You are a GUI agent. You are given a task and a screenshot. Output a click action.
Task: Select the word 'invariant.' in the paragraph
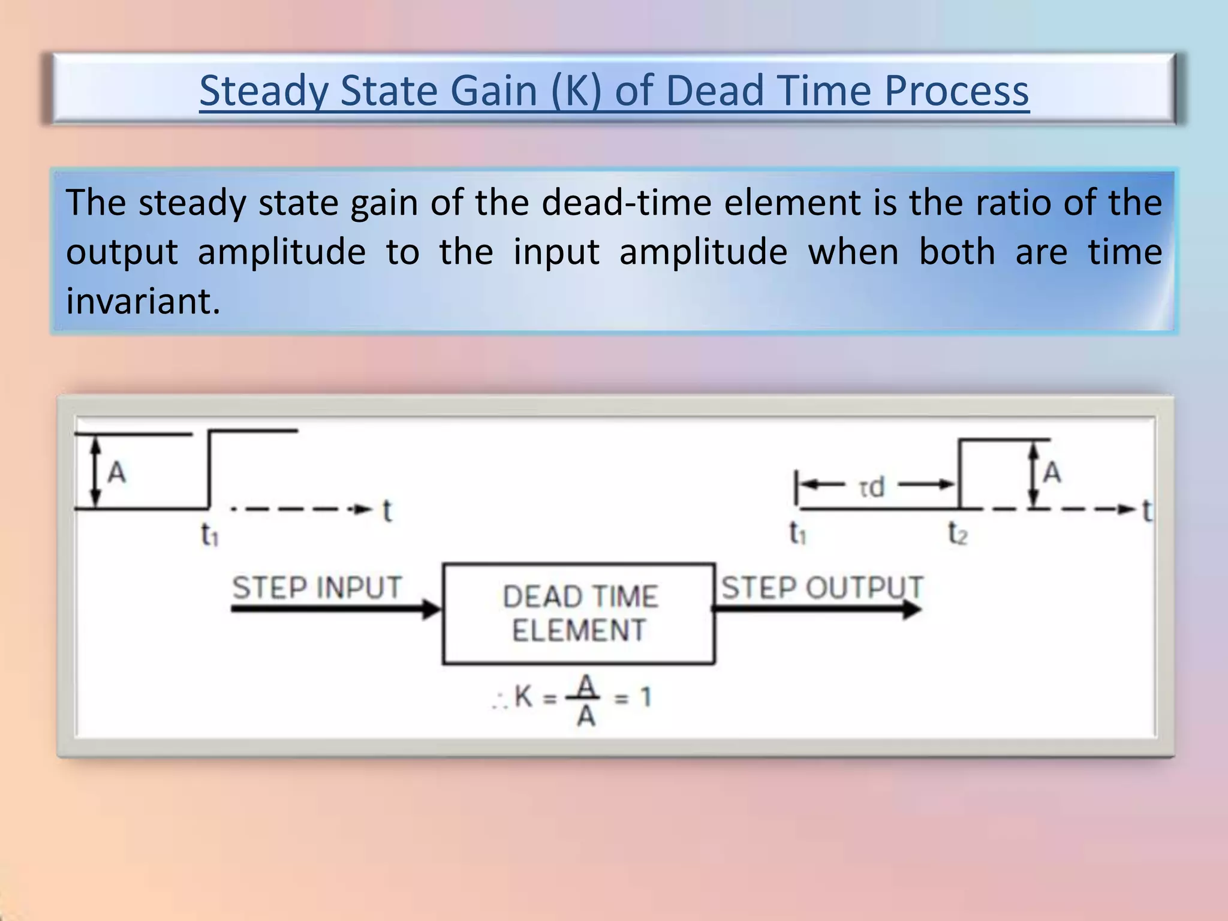pyautogui.click(x=143, y=301)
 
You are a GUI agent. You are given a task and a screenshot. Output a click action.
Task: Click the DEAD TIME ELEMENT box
pyautogui.click(x=579, y=613)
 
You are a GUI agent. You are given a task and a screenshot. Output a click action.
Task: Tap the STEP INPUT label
pyautogui.click(x=317, y=587)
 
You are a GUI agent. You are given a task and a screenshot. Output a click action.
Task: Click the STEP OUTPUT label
pyautogui.click(x=821, y=587)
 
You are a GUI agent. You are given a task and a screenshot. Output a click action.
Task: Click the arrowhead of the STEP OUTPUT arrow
pyautogui.click(x=911, y=609)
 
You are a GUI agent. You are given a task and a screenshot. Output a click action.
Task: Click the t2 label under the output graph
pyautogui.click(x=958, y=532)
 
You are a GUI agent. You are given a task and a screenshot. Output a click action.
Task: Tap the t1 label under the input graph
pyautogui.click(x=209, y=534)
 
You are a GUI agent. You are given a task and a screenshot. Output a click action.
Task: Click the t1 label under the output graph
pyautogui.click(x=797, y=532)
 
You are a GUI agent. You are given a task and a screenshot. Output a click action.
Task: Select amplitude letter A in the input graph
pyautogui.click(x=116, y=473)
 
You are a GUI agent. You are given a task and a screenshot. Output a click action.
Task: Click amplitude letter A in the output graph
pyautogui.click(x=1052, y=473)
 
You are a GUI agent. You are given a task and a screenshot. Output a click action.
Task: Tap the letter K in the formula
pyautogui.click(x=523, y=697)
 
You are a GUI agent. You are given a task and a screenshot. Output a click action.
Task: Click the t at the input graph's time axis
pyautogui.click(x=387, y=511)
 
